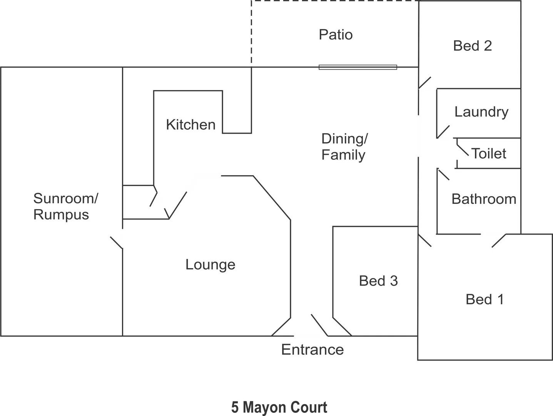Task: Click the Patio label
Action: (x=336, y=35)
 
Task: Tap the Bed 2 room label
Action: (x=472, y=46)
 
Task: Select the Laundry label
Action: (x=481, y=112)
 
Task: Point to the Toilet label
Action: (x=488, y=154)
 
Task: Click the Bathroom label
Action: (x=483, y=199)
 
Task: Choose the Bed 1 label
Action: (x=485, y=299)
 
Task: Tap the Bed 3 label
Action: (x=378, y=281)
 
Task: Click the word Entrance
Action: (x=312, y=349)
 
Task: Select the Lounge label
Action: (x=210, y=265)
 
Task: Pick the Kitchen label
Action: (x=190, y=125)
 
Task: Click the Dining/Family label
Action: (x=344, y=147)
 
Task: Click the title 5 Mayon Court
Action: (x=279, y=407)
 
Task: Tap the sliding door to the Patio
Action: (x=358, y=67)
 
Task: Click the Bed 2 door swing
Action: (x=424, y=83)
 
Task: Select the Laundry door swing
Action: (x=443, y=132)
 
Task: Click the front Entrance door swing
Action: (x=319, y=325)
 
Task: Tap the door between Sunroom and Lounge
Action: (x=116, y=243)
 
